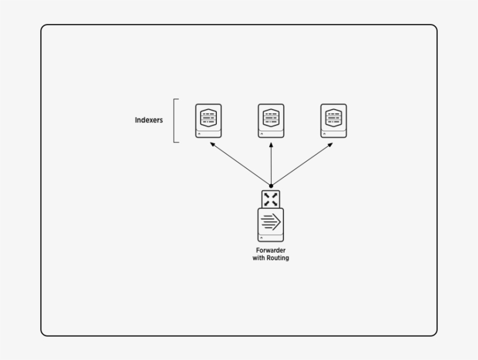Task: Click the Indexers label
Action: (149, 121)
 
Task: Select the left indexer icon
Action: (208, 121)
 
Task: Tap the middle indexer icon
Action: (270, 121)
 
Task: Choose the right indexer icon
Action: (333, 121)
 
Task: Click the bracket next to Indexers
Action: (175, 121)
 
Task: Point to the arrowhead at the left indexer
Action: (212, 144)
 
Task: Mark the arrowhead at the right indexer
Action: (330, 144)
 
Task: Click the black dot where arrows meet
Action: (271, 186)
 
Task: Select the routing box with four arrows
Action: (270, 199)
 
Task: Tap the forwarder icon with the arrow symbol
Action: (270, 225)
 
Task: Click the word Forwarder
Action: (270, 250)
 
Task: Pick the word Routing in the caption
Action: (277, 258)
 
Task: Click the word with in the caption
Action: (258, 258)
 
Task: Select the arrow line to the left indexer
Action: (241, 165)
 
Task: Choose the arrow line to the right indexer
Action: (301, 165)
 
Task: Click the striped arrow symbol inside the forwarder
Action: (270, 222)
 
